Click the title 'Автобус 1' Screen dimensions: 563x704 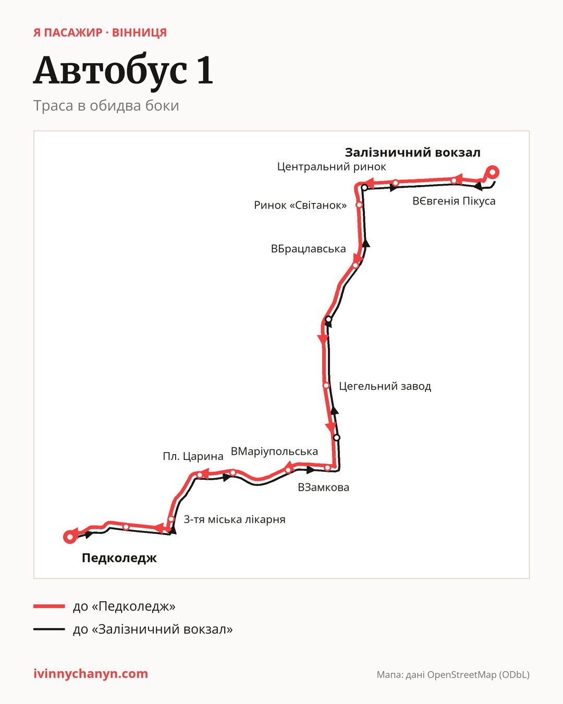[123, 71]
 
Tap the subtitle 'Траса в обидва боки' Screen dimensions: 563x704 [106, 106]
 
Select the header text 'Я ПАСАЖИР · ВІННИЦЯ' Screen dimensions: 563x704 [100, 33]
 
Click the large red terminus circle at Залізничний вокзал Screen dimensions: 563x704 [493, 172]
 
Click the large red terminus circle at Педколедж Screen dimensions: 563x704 [70, 537]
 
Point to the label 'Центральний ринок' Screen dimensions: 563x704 [332, 167]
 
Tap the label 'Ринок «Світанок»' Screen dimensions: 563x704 [300, 205]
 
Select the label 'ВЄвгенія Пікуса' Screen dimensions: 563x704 [454, 201]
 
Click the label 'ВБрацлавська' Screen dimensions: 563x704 [308, 249]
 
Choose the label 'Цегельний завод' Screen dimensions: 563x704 [385, 386]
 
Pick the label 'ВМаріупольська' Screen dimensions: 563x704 [274, 452]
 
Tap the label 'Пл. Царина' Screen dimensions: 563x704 [193, 456]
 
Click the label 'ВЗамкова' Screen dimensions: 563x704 [323, 487]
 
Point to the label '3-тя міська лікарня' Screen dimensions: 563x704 [234, 519]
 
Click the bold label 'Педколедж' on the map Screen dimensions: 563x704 [119, 558]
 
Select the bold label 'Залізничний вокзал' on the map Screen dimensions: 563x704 [412, 152]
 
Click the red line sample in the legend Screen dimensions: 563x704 [49, 606]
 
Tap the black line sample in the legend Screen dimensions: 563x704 [49, 629]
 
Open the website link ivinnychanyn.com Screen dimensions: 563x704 [91, 674]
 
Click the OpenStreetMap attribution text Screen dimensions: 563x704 [453, 675]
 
